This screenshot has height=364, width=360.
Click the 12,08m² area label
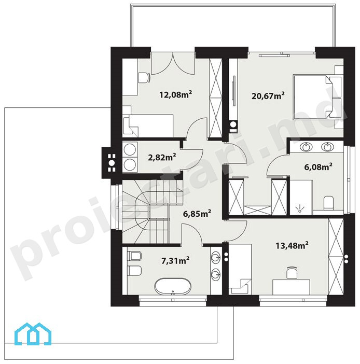[175, 94]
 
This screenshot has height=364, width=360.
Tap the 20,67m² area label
[268, 95]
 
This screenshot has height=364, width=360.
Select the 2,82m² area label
[162, 157]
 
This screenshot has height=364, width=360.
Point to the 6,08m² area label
[318, 166]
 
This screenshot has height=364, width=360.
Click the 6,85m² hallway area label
[197, 213]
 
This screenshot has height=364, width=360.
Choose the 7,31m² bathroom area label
[175, 261]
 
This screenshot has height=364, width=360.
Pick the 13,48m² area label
[292, 245]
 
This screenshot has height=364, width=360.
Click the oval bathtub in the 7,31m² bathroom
[173, 286]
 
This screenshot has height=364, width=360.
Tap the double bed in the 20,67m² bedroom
[317, 96]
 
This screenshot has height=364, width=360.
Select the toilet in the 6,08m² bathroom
[329, 202]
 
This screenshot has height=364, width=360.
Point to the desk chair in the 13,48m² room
[292, 272]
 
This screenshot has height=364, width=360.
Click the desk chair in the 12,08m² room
[144, 78]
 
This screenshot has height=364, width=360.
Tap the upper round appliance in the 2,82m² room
[130, 149]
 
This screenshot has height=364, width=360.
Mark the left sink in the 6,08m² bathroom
[306, 147]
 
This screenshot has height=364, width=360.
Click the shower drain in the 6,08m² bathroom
[300, 211]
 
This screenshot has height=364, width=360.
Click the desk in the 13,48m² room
[291, 287]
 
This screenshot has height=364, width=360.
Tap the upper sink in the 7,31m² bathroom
[216, 257]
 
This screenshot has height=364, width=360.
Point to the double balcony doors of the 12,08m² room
[173, 63]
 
